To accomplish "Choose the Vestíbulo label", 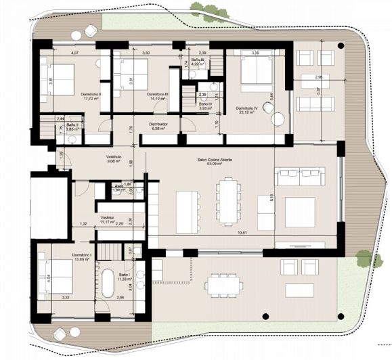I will [113, 158].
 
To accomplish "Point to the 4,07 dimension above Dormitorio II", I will [76, 52].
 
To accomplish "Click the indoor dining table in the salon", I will [230, 200].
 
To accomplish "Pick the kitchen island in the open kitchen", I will [186, 206].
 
